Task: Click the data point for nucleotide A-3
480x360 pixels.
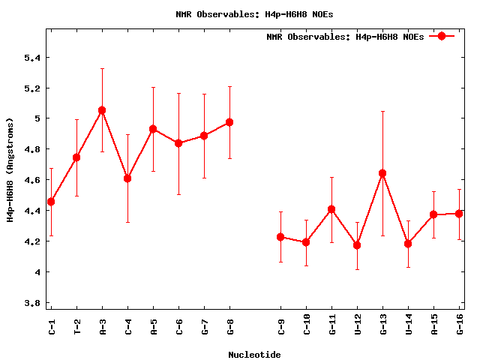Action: pyautogui.click(x=102, y=110)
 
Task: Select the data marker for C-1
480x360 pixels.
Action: pyautogui.click(x=51, y=202)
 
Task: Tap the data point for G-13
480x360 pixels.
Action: pyautogui.click(x=382, y=173)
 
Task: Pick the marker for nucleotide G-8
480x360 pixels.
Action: pyautogui.click(x=229, y=122)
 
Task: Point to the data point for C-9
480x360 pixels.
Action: pyautogui.click(x=280, y=237)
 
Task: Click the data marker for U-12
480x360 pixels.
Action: pyautogui.click(x=357, y=245)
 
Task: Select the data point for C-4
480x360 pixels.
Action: pyautogui.click(x=127, y=178)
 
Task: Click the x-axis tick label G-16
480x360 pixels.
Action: pyautogui.click(x=459, y=329)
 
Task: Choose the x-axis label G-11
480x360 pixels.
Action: pyautogui.click(x=331, y=329)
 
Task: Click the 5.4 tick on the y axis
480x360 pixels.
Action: pyautogui.click(x=31, y=58)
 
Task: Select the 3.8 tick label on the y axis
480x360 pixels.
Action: pyautogui.click(x=31, y=303)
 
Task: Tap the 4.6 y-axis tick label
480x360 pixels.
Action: pyautogui.click(x=31, y=180)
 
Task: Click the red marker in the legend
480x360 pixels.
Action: pyautogui.click(x=442, y=36)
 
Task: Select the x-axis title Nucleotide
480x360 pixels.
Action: pyautogui.click(x=254, y=355)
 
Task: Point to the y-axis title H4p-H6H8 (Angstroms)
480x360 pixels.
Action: pyautogui.click(x=10, y=169)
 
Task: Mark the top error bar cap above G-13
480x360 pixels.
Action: pyautogui.click(x=382, y=111)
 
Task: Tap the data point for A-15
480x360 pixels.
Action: pyautogui.click(x=433, y=214)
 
